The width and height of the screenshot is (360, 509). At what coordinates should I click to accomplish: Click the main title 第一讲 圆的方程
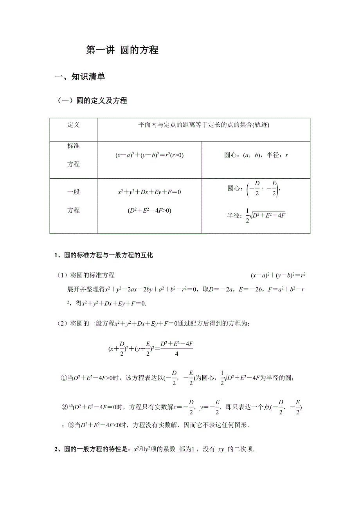click(122, 50)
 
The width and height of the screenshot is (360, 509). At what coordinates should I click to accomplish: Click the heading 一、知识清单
click(80, 77)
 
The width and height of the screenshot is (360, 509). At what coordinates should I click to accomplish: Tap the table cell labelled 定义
click(73, 125)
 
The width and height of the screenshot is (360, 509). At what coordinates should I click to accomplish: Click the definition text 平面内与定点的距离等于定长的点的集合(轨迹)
click(204, 125)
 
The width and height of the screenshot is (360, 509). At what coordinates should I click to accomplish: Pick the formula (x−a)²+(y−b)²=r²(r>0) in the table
click(149, 155)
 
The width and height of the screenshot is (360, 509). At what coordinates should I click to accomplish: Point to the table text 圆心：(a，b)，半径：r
click(256, 155)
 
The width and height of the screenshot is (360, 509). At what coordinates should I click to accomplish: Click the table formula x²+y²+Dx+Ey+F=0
click(149, 192)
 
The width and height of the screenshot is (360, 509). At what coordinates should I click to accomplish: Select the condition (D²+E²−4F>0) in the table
click(149, 210)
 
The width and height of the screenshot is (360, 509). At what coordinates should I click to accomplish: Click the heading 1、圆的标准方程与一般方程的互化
click(103, 255)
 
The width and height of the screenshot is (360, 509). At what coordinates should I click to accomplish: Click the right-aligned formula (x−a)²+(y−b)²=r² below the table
click(278, 275)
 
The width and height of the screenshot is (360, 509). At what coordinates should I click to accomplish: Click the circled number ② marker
click(65, 407)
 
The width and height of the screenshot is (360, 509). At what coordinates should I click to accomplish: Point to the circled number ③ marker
click(71, 425)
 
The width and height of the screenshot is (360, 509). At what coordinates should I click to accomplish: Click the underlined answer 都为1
click(187, 450)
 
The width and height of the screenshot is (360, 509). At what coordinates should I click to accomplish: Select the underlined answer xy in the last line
click(221, 450)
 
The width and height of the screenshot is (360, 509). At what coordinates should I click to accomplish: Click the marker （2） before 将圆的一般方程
click(63, 323)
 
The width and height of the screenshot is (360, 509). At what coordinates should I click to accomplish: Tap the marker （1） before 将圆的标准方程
click(63, 275)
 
